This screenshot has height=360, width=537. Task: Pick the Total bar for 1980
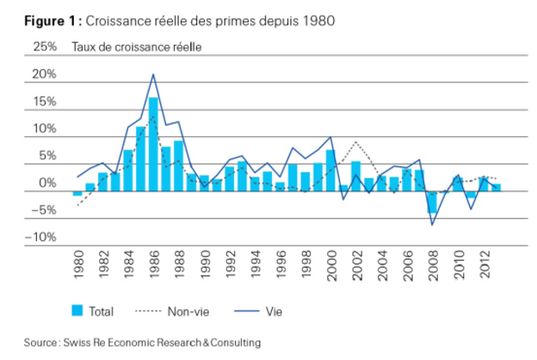tap(77, 193)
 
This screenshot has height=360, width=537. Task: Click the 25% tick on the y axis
tap(44, 47)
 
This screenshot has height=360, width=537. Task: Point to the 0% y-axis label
tap(46, 184)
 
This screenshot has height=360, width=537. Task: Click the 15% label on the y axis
tap(44, 102)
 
